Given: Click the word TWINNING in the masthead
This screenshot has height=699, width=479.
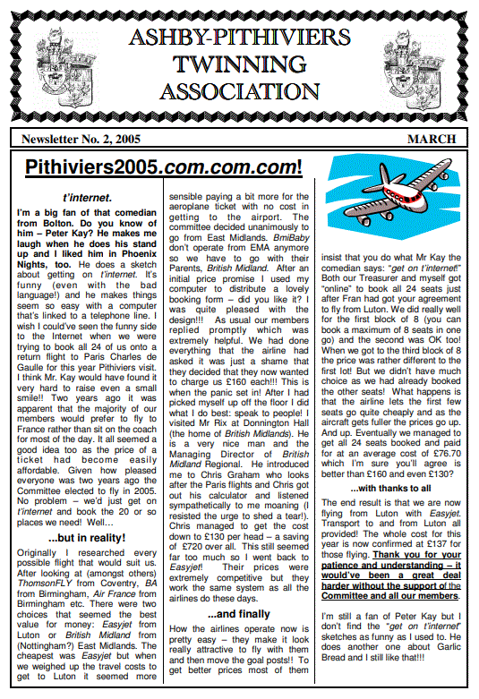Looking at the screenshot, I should [239, 64].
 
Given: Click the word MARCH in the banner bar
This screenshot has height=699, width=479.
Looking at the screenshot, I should [432, 139].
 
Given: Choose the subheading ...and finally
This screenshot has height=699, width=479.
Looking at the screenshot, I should [240, 615].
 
